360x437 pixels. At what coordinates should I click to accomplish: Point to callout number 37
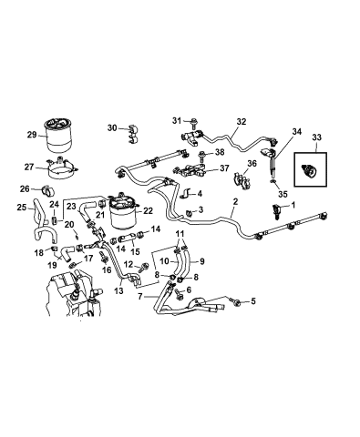click(222, 169)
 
